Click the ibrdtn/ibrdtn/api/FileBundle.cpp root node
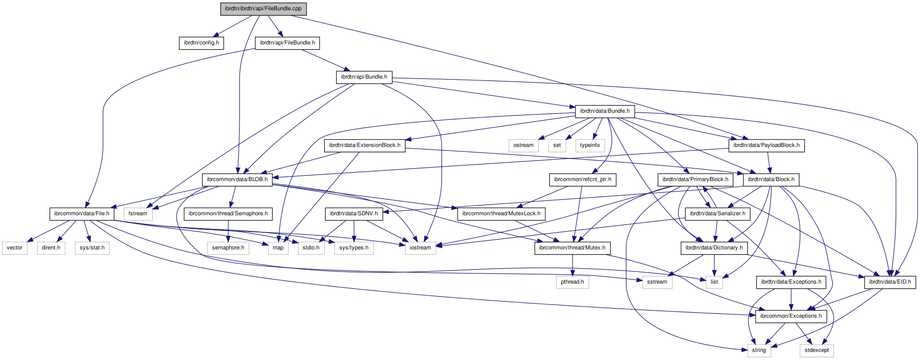(x=263, y=9)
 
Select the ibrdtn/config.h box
(x=202, y=43)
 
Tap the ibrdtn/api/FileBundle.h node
(x=287, y=43)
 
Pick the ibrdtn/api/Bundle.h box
(x=364, y=77)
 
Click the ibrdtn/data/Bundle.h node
(x=605, y=111)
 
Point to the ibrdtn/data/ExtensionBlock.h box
(x=365, y=145)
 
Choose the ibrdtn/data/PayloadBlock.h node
(x=766, y=145)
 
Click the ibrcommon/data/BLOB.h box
(x=237, y=179)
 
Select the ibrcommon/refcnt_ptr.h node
(x=583, y=179)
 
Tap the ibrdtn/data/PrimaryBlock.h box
(x=695, y=179)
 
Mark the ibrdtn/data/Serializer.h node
(x=718, y=214)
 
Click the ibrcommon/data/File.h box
(x=82, y=214)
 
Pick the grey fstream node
(x=138, y=214)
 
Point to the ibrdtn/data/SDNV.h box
(x=354, y=214)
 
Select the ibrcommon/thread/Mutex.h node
(x=572, y=248)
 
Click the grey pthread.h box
(x=572, y=282)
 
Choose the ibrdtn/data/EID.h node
(x=890, y=282)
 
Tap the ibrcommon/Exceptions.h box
(x=791, y=316)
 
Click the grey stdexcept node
(x=817, y=350)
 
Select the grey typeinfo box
(x=590, y=145)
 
